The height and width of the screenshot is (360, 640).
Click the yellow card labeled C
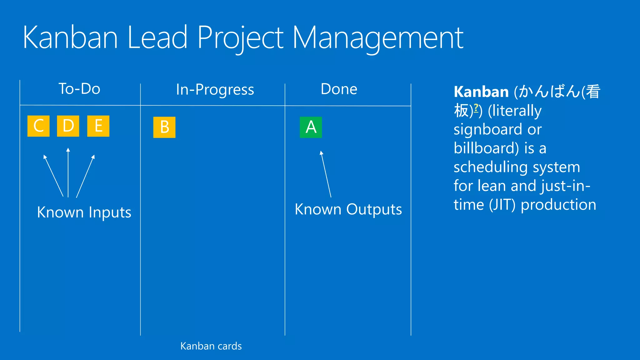[x=38, y=126]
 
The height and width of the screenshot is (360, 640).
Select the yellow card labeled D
[x=68, y=126]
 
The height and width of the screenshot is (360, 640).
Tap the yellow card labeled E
[x=98, y=126]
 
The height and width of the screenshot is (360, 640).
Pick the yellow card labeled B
[x=164, y=127]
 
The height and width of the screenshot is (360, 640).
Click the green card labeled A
[x=311, y=127]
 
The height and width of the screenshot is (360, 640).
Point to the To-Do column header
[x=79, y=89]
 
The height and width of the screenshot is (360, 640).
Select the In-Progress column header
[x=215, y=90]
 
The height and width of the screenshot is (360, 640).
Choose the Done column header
[x=339, y=89]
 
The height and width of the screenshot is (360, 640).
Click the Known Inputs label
[x=84, y=212]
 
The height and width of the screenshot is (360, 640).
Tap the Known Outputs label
[x=348, y=209]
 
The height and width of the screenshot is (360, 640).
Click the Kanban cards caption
[x=211, y=346]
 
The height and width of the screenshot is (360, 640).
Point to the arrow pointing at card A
[x=326, y=174]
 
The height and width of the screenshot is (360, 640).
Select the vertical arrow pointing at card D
[x=68, y=172]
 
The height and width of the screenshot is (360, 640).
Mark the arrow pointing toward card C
[x=53, y=176]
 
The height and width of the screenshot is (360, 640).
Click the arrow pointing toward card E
[x=85, y=176]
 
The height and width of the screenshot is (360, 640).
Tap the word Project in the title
[x=240, y=38]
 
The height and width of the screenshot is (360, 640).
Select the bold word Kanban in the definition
[x=481, y=92]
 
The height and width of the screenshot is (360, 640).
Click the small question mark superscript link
[x=476, y=108]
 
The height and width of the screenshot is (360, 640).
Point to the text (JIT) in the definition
[x=502, y=205]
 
